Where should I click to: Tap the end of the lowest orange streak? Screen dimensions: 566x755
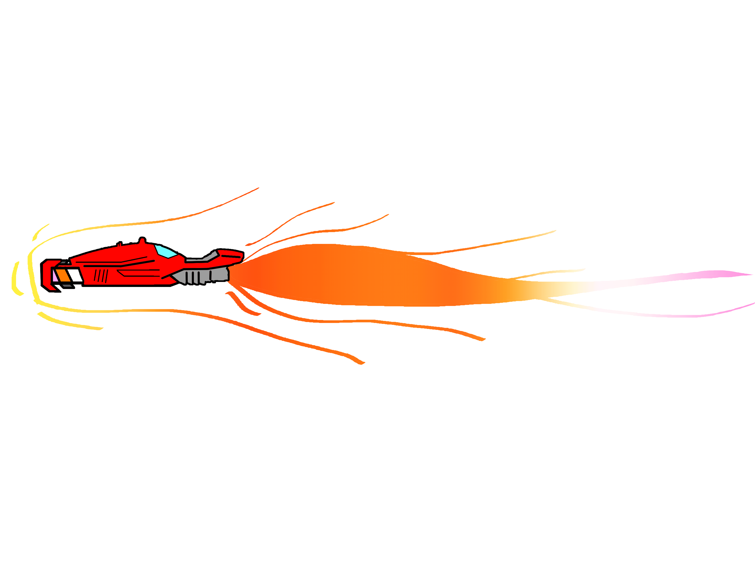click(x=362, y=363)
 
